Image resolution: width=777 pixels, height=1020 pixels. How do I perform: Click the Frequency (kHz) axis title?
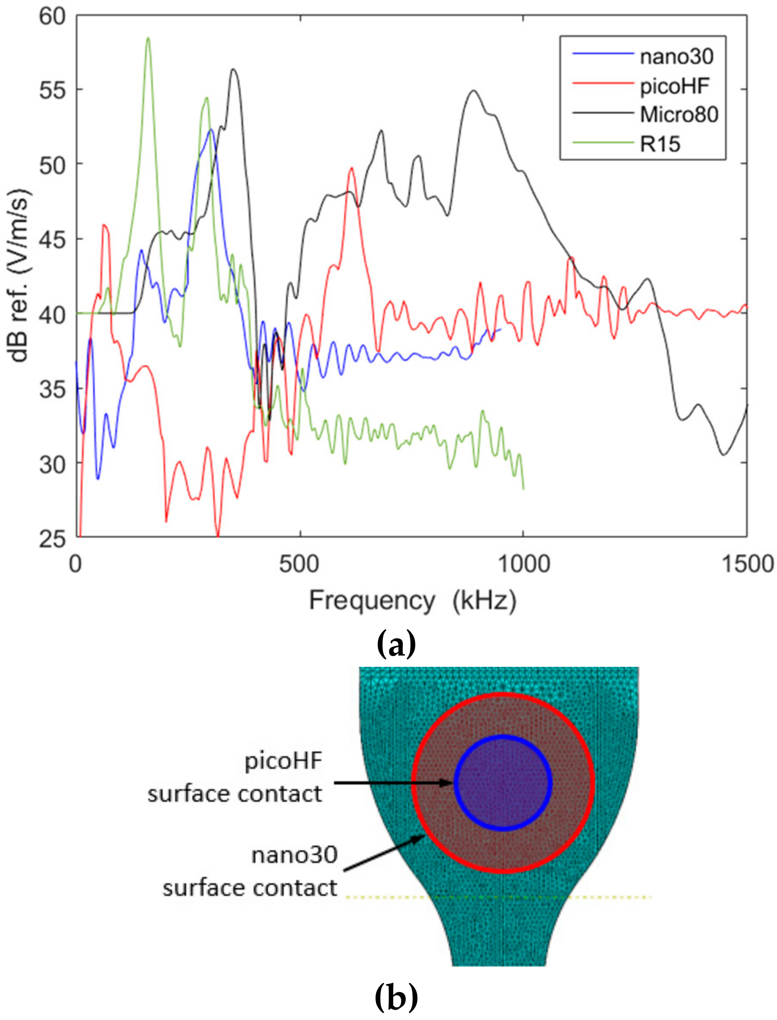click(x=412, y=601)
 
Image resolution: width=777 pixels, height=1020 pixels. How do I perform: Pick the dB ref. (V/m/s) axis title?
click(x=20, y=275)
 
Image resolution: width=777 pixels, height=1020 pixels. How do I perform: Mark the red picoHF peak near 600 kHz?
click(x=352, y=168)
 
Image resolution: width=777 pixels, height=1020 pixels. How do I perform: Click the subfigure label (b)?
click(x=396, y=999)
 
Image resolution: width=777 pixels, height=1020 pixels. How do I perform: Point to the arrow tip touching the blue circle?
click(x=453, y=783)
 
